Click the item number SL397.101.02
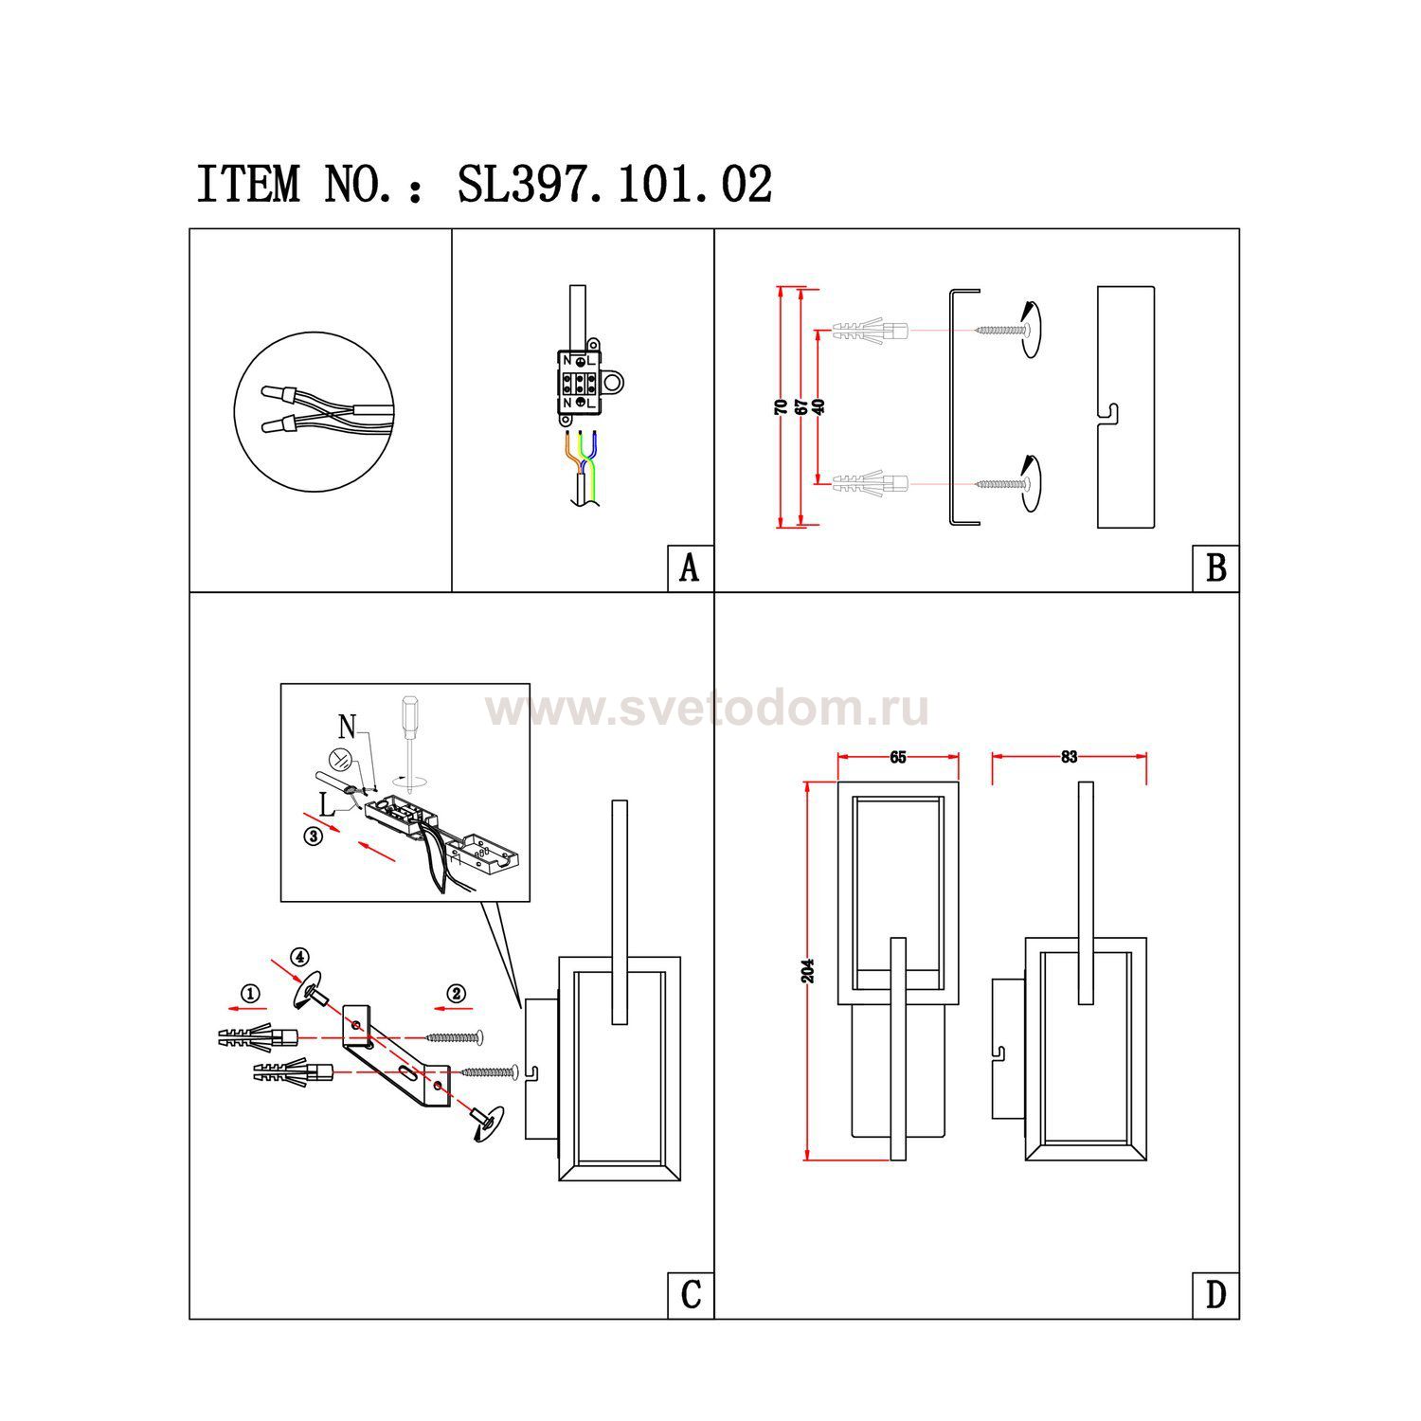point(615,185)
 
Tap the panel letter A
point(690,568)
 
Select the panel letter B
point(1216,568)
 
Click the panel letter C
point(691,1295)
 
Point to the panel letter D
point(1216,1295)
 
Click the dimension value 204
point(808,971)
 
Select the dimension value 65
point(898,757)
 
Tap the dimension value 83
point(1070,757)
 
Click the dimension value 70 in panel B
point(781,406)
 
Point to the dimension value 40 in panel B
point(819,405)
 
